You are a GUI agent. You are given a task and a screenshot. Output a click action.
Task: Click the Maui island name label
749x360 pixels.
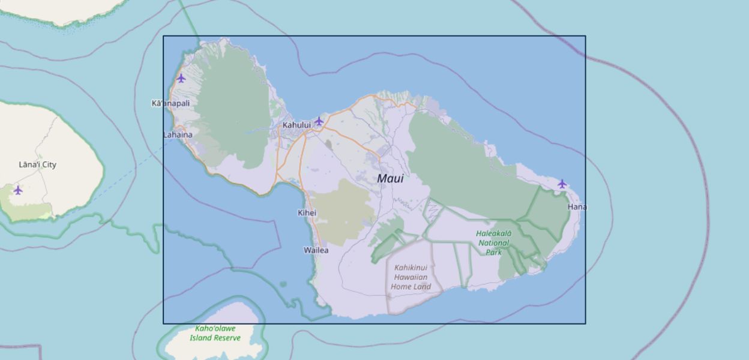pos(390,179)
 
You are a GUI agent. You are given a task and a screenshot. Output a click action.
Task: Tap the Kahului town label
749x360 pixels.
pos(296,125)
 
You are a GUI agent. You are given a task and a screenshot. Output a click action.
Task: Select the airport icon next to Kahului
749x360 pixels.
pos(319,121)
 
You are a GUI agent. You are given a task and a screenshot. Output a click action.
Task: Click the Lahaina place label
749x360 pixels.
pos(178,135)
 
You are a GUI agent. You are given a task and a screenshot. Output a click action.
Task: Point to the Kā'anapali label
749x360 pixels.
pos(170,103)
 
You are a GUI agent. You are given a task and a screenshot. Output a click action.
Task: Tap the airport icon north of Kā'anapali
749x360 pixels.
pos(181,78)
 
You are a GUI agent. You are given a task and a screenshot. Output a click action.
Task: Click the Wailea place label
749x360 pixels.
pos(316,250)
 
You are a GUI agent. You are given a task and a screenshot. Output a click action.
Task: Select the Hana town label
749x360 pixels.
pos(577,207)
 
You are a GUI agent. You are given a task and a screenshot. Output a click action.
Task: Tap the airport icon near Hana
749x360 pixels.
pos(562,184)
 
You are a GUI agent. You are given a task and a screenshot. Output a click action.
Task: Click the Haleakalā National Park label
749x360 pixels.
pos(494,242)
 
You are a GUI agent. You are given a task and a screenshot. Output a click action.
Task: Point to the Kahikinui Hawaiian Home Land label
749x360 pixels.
pos(411,277)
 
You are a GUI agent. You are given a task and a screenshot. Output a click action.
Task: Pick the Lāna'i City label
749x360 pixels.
pos(37,164)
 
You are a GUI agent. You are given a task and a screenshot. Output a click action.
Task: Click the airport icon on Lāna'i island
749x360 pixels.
pos(18,190)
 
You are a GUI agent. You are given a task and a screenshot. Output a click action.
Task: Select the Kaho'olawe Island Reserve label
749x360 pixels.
pos(215,333)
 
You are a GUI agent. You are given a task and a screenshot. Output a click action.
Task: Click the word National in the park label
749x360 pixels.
pos(494,243)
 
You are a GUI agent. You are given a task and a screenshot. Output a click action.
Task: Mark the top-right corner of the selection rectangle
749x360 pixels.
pos(585,36)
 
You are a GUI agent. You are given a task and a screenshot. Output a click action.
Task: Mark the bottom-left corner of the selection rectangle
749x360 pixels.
pos(163,323)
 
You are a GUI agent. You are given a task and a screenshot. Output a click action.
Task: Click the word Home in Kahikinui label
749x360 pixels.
pos(402,287)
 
